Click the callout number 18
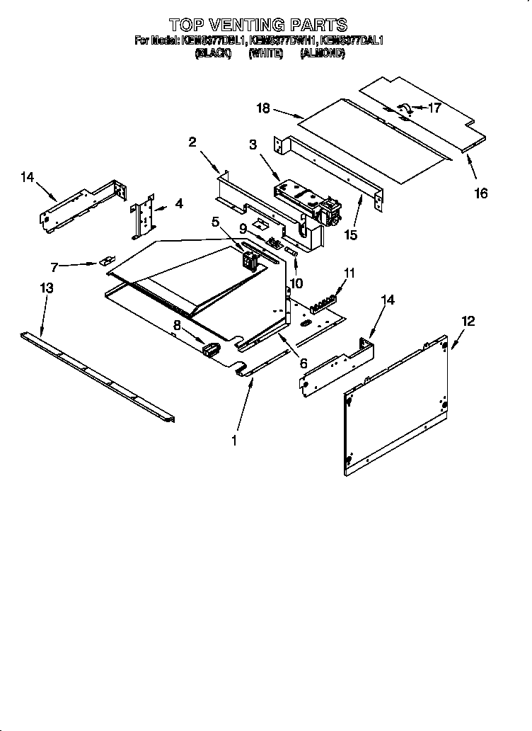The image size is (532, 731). click(x=263, y=108)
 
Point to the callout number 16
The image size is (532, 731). click(x=481, y=193)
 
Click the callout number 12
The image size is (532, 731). click(x=468, y=322)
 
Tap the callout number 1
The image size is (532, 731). click(x=234, y=439)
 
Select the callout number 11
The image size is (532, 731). click(x=349, y=272)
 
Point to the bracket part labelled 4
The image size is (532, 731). click(x=145, y=216)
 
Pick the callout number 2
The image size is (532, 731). click(x=192, y=142)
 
